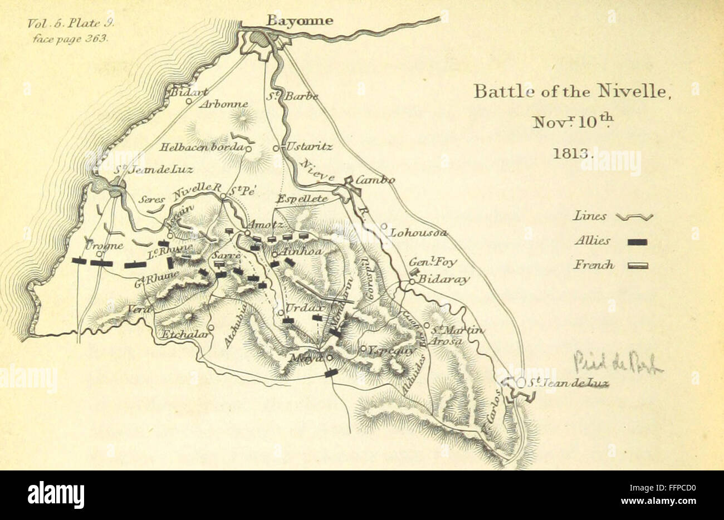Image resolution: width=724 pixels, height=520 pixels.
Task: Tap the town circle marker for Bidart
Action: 189,101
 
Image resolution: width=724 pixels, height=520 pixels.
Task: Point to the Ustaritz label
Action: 310,147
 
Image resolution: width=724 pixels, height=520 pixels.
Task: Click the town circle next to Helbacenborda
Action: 248,149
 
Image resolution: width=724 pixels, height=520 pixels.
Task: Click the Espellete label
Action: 303,199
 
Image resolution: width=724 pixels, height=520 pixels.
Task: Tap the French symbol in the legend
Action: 637,266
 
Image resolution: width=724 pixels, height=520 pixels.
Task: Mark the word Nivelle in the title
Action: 633,92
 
